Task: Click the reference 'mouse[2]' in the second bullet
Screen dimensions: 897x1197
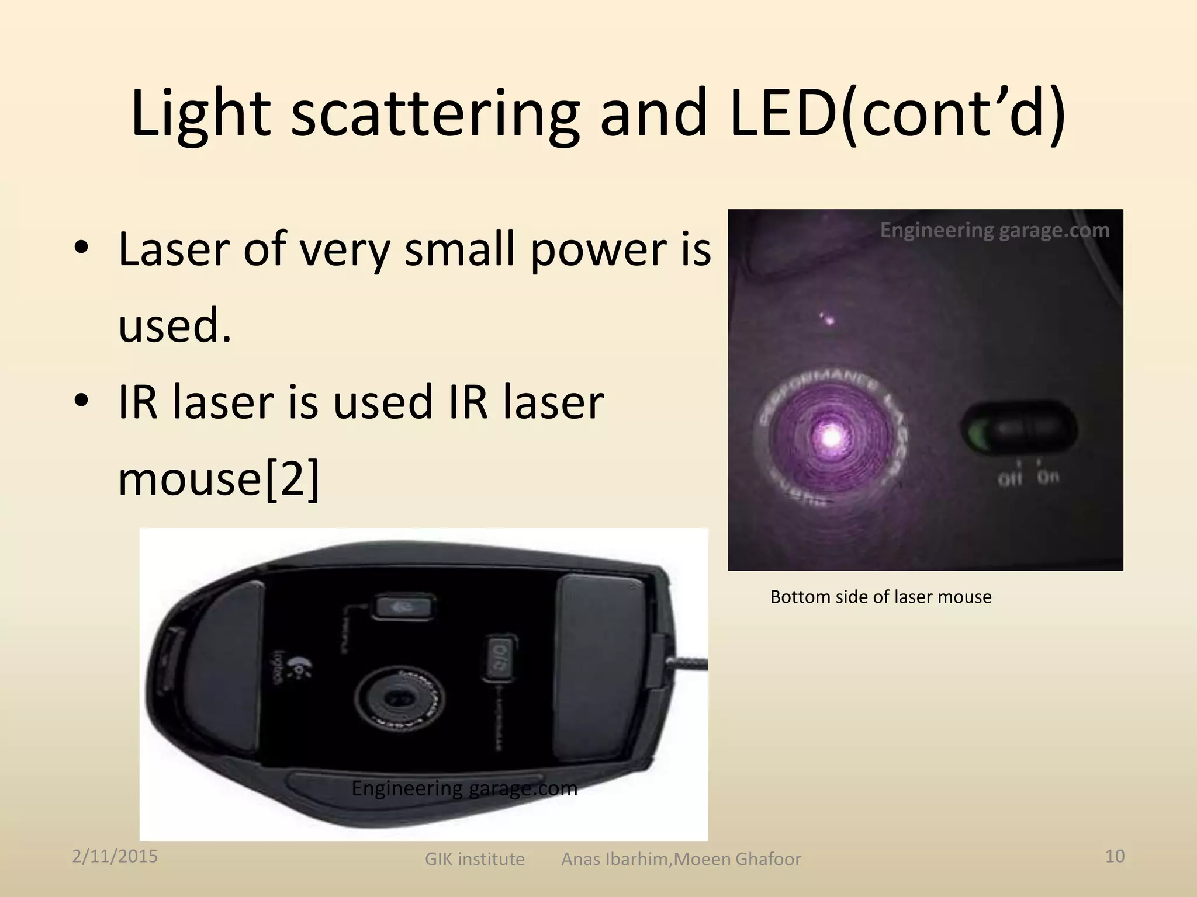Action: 219,478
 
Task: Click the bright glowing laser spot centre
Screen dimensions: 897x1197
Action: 831,436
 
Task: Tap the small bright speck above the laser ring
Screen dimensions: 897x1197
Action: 828,319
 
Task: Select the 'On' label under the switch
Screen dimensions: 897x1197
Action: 1048,477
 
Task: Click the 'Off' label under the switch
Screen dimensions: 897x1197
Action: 1009,479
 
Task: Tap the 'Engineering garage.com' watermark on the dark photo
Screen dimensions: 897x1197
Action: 994,231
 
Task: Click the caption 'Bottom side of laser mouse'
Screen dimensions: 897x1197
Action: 880,597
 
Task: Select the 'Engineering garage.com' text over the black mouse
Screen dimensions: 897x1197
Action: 464,788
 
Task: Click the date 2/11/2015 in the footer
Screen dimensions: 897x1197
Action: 115,856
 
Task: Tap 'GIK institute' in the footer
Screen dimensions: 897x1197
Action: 474,859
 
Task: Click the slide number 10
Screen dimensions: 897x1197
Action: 1115,856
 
